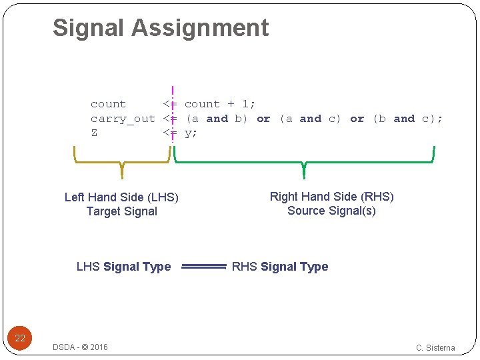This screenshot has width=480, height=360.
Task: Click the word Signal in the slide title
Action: (89, 28)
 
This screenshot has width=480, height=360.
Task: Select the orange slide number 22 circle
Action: (20, 338)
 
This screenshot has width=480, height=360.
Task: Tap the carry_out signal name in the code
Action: (123, 119)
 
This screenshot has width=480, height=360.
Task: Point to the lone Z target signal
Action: (94, 133)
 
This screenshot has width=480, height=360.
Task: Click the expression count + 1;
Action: (220, 104)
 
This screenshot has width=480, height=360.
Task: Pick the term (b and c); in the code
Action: (407, 119)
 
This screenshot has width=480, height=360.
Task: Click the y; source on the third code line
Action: (191, 133)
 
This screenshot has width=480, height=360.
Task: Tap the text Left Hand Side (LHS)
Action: (121, 197)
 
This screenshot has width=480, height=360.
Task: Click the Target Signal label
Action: (121, 211)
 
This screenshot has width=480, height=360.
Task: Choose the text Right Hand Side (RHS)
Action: (331, 197)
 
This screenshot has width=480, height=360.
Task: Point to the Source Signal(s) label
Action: (331, 211)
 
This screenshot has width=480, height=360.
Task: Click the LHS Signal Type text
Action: (123, 267)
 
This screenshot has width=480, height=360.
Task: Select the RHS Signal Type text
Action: (280, 267)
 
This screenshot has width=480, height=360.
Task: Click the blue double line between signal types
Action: (203, 267)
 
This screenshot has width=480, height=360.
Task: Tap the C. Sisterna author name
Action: (435, 347)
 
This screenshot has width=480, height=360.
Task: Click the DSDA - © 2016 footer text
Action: (80, 347)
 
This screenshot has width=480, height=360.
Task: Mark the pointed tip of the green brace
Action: (304, 177)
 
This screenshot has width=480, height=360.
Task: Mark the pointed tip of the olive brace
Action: (122, 177)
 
